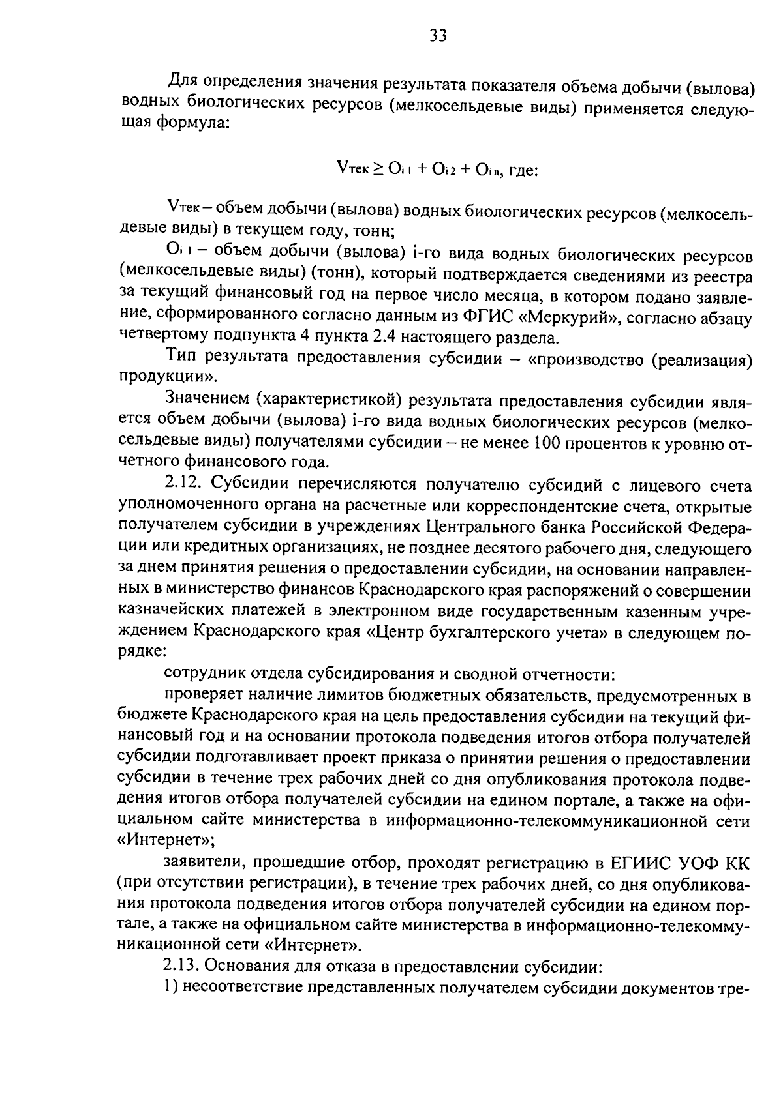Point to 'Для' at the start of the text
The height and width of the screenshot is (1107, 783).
click(x=182, y=82)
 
